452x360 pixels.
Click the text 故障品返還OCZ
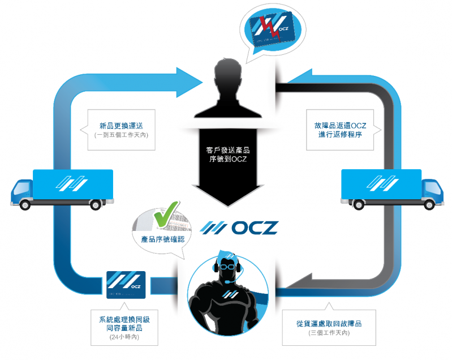[341, 125]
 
